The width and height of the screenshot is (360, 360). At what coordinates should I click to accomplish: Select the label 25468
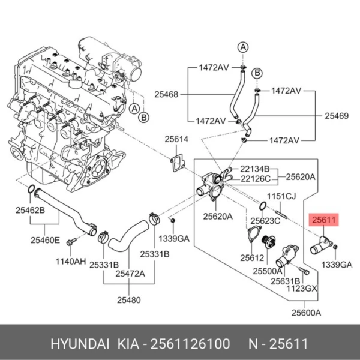[166, 94]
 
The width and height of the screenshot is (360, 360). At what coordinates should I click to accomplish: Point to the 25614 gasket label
[176, 139]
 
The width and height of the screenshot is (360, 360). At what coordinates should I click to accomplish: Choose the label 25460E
[46, 240]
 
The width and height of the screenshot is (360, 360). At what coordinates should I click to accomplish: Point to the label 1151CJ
[281, 196]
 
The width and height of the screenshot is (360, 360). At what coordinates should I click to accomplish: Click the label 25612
[252, 257]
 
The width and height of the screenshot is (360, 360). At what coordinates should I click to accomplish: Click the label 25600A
[306, 312]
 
